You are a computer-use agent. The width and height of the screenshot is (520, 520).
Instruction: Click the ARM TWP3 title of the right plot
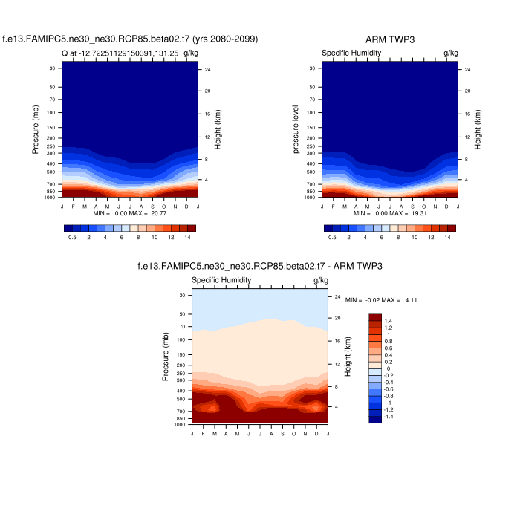[389, 39]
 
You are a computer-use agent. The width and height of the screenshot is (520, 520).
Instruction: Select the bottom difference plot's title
[260, 266]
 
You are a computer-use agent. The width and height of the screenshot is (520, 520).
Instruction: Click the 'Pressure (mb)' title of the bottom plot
[165, 357]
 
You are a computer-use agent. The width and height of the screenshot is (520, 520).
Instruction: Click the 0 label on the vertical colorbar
[389, 369]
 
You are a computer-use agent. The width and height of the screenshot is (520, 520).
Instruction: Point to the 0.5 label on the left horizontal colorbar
[72, 237]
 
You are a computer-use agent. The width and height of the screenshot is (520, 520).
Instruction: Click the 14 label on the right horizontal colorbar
[448, 237]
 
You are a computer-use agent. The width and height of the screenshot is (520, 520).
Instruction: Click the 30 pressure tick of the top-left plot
[53, 68]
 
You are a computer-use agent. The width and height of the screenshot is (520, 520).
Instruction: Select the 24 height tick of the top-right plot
[468, 70]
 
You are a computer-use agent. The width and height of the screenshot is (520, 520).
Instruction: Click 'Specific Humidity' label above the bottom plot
[221, 280]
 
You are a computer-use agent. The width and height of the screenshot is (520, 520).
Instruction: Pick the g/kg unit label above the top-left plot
[191, 53]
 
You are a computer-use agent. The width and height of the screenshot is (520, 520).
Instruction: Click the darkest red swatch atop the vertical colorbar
[376, 317]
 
